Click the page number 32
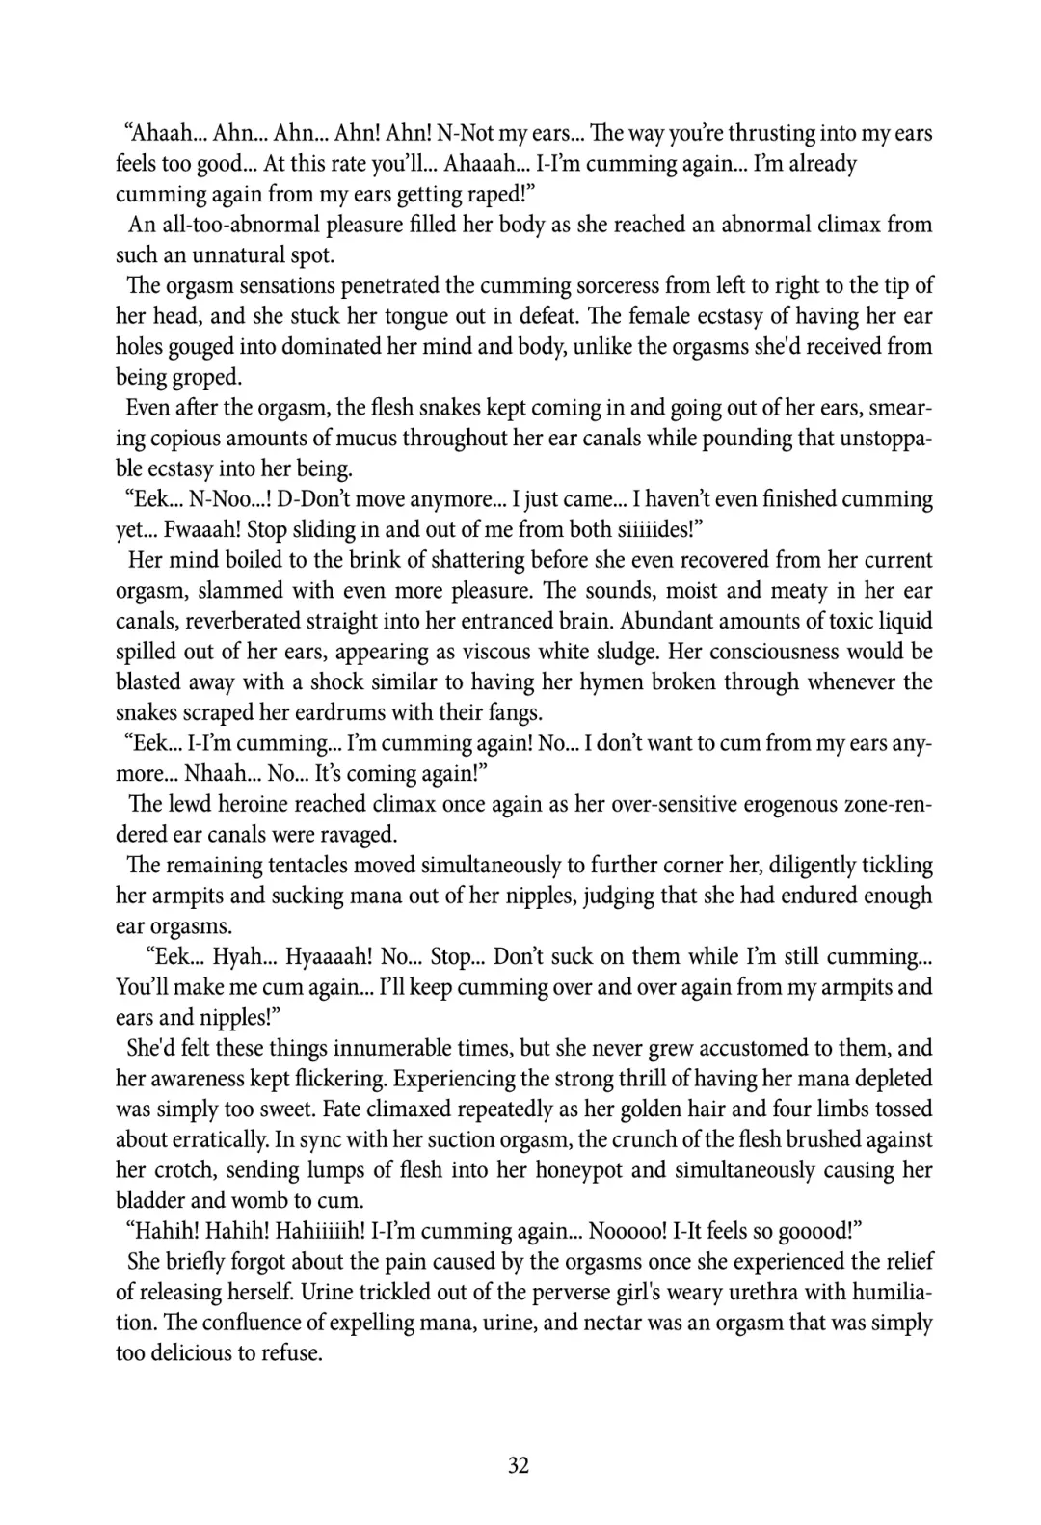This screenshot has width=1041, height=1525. (x=519, y=1466)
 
